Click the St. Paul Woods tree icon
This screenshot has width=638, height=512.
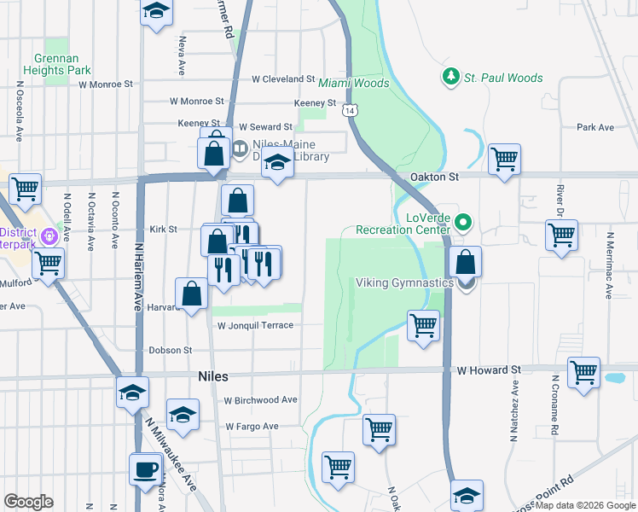(451, 78)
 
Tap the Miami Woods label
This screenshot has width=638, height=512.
(354, 84)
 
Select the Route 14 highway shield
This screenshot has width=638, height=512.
(350, 111)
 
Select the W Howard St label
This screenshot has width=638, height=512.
(488, 370)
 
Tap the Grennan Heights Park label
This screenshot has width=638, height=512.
(62, 64)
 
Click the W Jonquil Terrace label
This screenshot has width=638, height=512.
(255, 325)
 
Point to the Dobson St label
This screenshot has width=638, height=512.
(171, 350)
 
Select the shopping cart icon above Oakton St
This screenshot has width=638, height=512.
(505, 158)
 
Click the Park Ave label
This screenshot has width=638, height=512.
(595, 127)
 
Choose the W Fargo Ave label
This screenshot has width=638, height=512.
(252, 426)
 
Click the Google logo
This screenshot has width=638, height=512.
(28, 503)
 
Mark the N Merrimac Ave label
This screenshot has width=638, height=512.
(609, 265)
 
